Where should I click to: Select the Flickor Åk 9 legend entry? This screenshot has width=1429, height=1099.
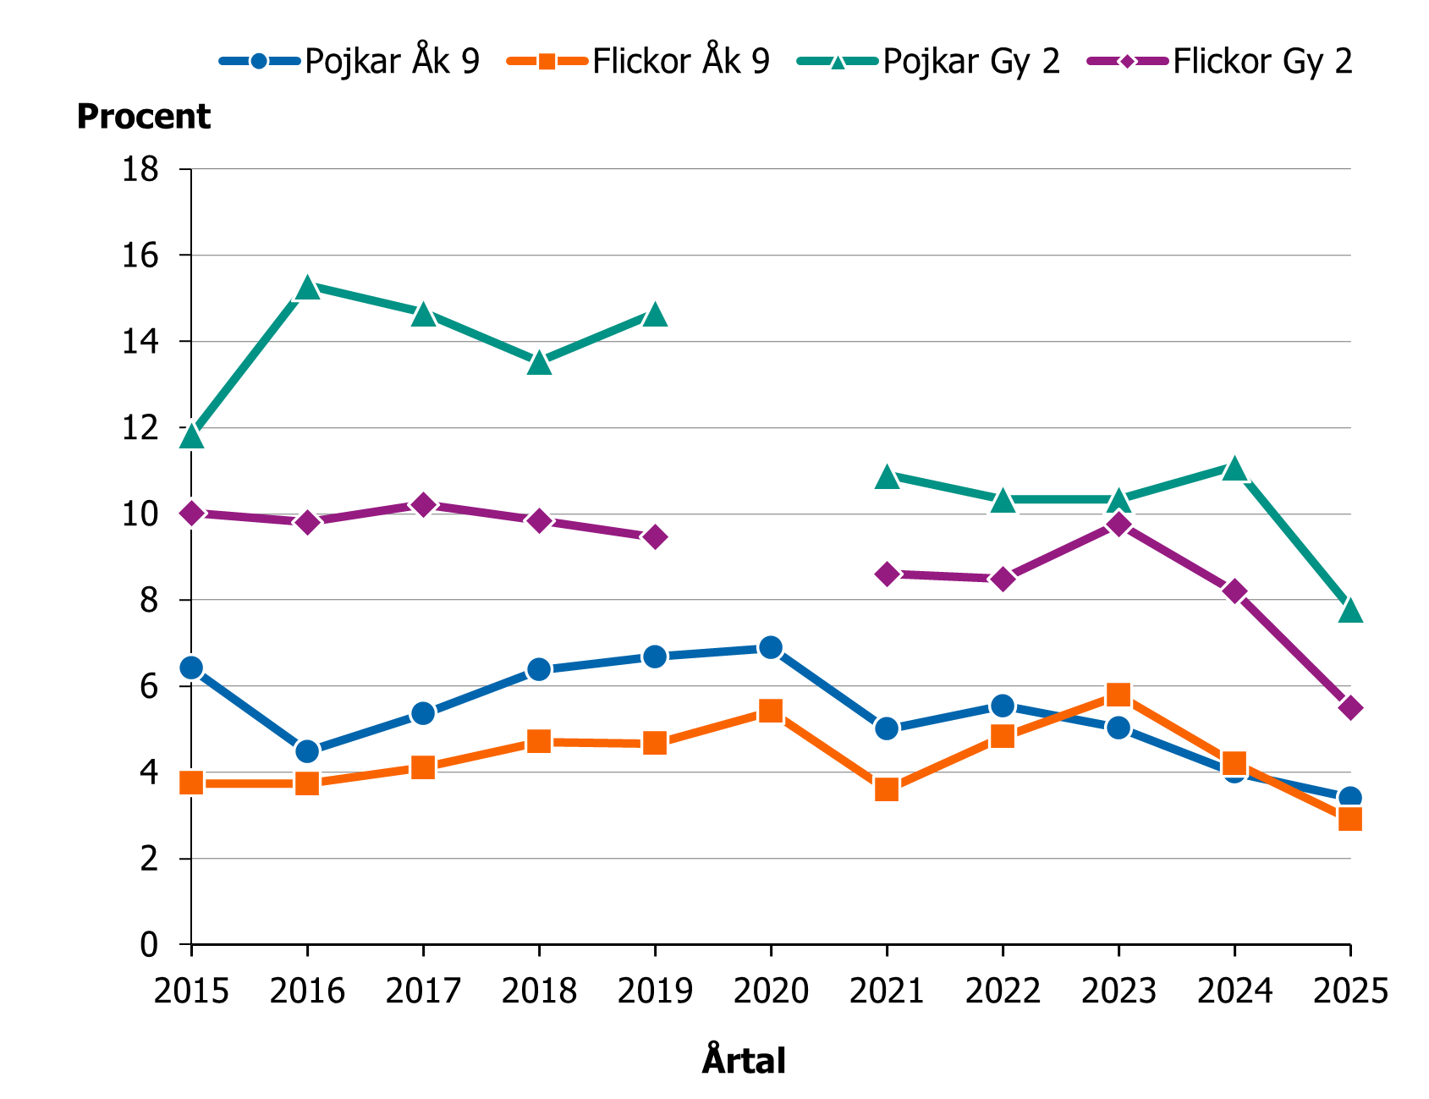[639, 61]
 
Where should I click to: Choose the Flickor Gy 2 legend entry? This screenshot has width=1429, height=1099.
[1219, 61]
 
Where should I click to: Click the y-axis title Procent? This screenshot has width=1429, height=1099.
[143, 117]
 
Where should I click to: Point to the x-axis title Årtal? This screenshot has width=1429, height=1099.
[744, 1061]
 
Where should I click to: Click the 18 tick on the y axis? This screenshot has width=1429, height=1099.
[140, 170]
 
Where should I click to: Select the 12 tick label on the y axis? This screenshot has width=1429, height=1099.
[140, 428]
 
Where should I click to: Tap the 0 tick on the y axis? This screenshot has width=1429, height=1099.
[149, 944]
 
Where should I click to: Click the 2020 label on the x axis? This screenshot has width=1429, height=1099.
[771, 991]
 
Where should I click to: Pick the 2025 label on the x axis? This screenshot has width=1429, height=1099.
[1350, 991]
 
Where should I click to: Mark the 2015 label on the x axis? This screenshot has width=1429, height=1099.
[191, 991]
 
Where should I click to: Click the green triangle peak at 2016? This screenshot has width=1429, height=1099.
[307, 288]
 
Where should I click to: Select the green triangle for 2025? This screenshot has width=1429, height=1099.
[1350, 610]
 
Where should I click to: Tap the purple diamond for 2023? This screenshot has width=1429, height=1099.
[1118, 525]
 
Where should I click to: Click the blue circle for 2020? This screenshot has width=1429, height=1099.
[771, 648]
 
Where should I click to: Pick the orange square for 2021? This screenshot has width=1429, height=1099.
[887, 789]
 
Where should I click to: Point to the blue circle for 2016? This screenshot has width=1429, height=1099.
[307, 751]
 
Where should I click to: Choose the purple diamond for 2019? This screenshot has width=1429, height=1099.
[655, 537]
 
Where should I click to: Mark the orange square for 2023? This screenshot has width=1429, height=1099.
[1118, 695]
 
